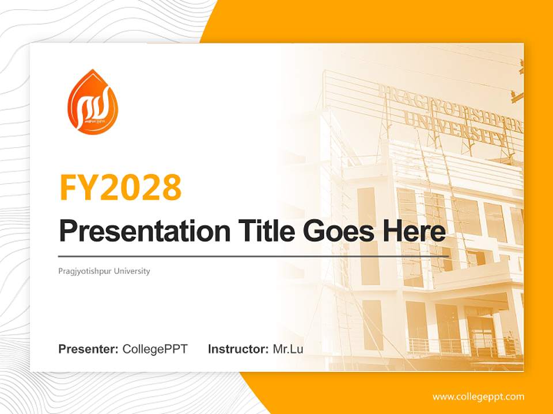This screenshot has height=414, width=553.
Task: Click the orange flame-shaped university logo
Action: (x=92, y=103)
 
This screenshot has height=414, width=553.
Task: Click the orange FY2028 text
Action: (x=120, y=187)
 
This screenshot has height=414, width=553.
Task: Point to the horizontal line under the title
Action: (x=253, y=256)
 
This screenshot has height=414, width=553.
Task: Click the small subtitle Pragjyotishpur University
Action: (x=104, y=271)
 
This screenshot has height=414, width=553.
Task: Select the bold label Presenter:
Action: (x=89, y=349)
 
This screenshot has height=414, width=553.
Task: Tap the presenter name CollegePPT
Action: (x=155, y=349)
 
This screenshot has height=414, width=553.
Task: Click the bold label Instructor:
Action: (x=238, y=349)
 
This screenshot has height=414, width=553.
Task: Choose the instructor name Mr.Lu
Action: (x=288, y=349)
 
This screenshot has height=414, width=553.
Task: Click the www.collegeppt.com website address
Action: (x=478, y=397)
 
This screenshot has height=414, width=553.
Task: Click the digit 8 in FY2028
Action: (x=171, y=187)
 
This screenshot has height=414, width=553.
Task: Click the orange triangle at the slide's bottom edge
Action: (x=276, y=397)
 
